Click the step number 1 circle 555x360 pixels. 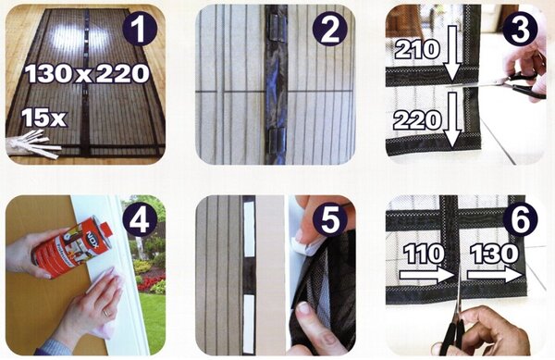(x=140, y=29)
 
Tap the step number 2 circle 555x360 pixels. (x=330, y=30)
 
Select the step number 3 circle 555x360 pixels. (x=520, y=29)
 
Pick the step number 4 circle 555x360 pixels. (x=140, y=219)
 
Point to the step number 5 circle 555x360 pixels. (x=330, y=219)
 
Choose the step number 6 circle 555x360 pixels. (x=520, y=219)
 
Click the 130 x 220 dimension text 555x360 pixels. (x=86, y=74)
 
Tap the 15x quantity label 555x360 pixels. (x=43, y=118)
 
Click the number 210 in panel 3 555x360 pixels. (x=417, y=50)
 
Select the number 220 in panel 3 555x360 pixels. (x=417, y=120)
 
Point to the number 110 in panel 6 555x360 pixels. (x=424, y=254)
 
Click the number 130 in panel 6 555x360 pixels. (x=494, y=254)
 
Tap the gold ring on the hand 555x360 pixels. (x=106, y=313)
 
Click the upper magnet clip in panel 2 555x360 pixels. (x=276, y=31)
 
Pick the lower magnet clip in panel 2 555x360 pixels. (x=276, y=141)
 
